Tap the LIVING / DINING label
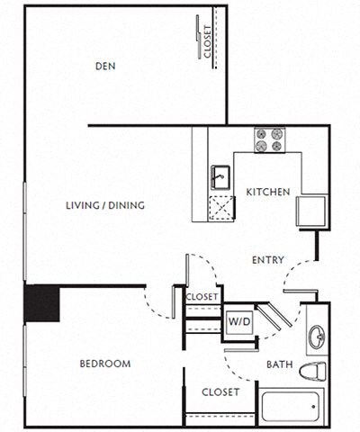pyautogui.click(x=105, y=205)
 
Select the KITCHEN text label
pyautogui.click(x=268, y=192)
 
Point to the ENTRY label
pyautogui.click(x=267, y=260)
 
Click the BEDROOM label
pyautogui.click(x=104, y=364)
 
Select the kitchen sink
pyautogui.click(x=219, y=175)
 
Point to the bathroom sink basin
pyautogui.click(x=318, y=337)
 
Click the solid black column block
pyautogui.click(x=41, y=303)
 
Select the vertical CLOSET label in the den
pyautogui.click(x=208, y=42)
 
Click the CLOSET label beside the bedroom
pyautogui.click(x=220, y=391)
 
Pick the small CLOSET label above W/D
pyautogui.click(x=202, y=296)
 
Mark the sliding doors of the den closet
pyautogui.click(x=197, y=40)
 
